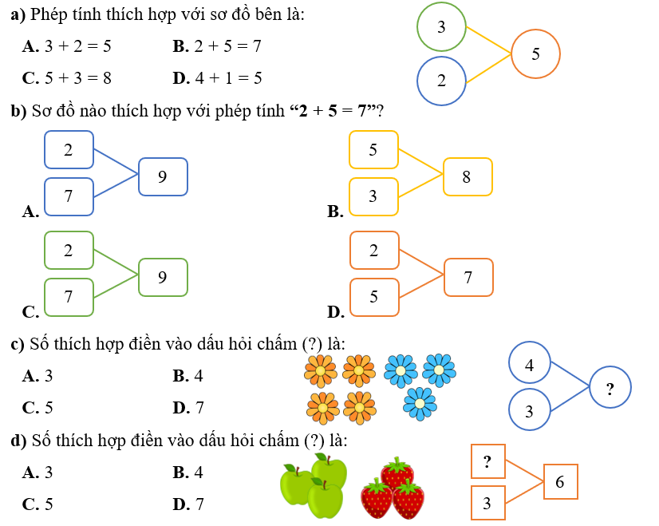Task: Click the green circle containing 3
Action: (441, 27)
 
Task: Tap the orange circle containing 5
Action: (535, 54)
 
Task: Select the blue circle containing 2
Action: (441, 81)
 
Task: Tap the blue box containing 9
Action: (163, 176)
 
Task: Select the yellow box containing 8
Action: (468, 176)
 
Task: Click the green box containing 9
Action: (163, 277)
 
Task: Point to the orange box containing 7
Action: (468, 277)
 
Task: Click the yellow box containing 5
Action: (373, 149)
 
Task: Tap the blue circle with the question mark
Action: (610, 389)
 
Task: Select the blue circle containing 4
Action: (530, 364)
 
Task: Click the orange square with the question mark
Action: (488, 461)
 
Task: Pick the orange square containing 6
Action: (560, 482)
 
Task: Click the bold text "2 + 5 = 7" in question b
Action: (334, 111)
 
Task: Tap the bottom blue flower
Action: (420, 404)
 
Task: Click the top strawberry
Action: (397, 473)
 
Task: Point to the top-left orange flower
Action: (320, 370)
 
